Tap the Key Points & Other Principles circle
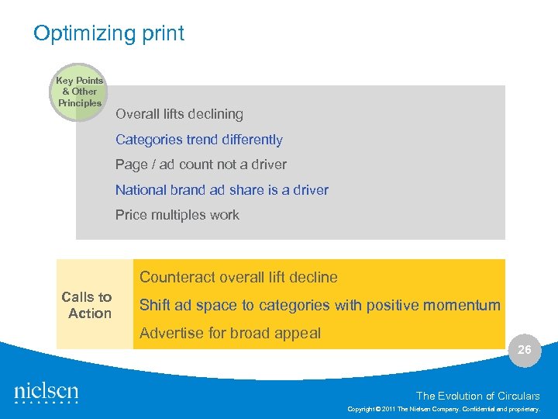click(80, 92)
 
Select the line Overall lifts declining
click(179, 114)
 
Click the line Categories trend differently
click(198, 140)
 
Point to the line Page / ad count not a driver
click(201, 164)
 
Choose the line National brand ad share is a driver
click(222, 190)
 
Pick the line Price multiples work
click(177, 215)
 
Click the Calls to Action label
click(88, 305)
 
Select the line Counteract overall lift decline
click(239, 277)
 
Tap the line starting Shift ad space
click(319, 305)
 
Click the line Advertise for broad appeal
click(230, 334)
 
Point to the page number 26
click(525, 350)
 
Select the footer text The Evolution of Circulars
click(478, 396)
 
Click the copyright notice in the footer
click(444, 407)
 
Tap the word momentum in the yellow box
click(466, 305)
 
